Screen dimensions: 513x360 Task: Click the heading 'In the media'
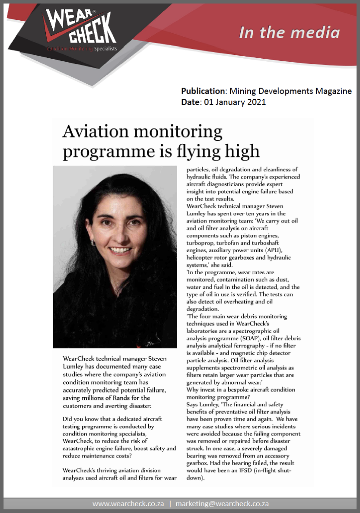pyautogui.click(x=289, y=33)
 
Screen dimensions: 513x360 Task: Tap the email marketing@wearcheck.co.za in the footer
pyautogui.click(x=222, y=504)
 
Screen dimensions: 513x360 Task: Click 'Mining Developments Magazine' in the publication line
pyautogui.click(x=291, y=91)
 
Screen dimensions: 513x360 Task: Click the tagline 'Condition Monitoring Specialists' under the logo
pyautogui.click(x=82, y=49)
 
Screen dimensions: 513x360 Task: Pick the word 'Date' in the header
pyautogui.click(x=190, y=102)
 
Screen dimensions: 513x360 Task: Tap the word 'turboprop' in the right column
pyautogui.click(x=202, y=243)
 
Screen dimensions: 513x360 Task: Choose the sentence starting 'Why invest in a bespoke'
pyautogui.click(x=241, y=389)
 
